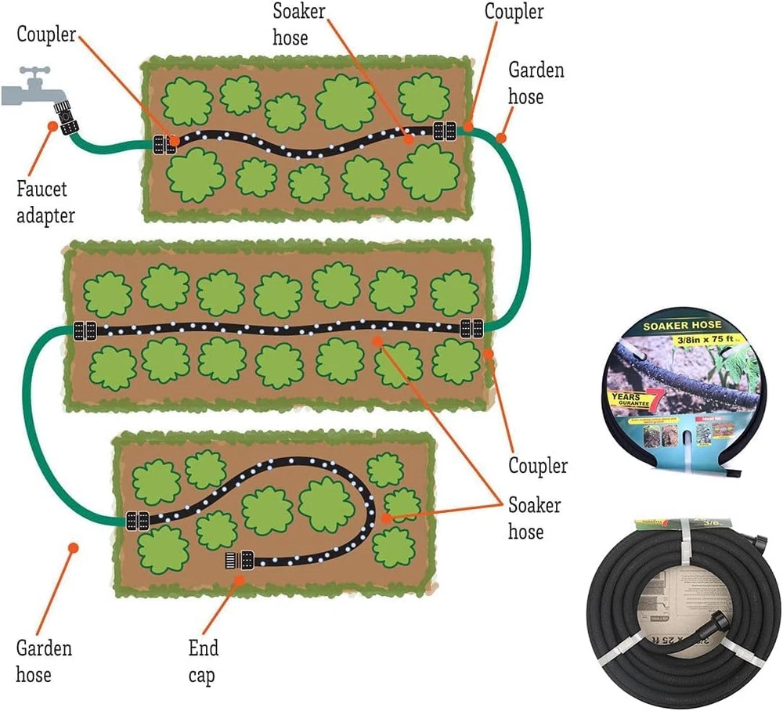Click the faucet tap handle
32,75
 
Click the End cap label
204,661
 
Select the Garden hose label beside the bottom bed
44,661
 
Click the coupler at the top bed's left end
165,144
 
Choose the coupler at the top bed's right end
445,131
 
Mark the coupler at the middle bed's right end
472,328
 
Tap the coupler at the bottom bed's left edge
137,519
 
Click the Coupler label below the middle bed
537,466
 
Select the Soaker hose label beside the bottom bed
534,518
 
